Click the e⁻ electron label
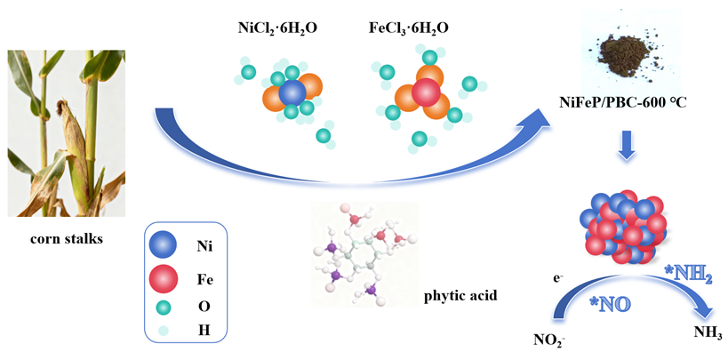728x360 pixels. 557,278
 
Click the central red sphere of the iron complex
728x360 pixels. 426,92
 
